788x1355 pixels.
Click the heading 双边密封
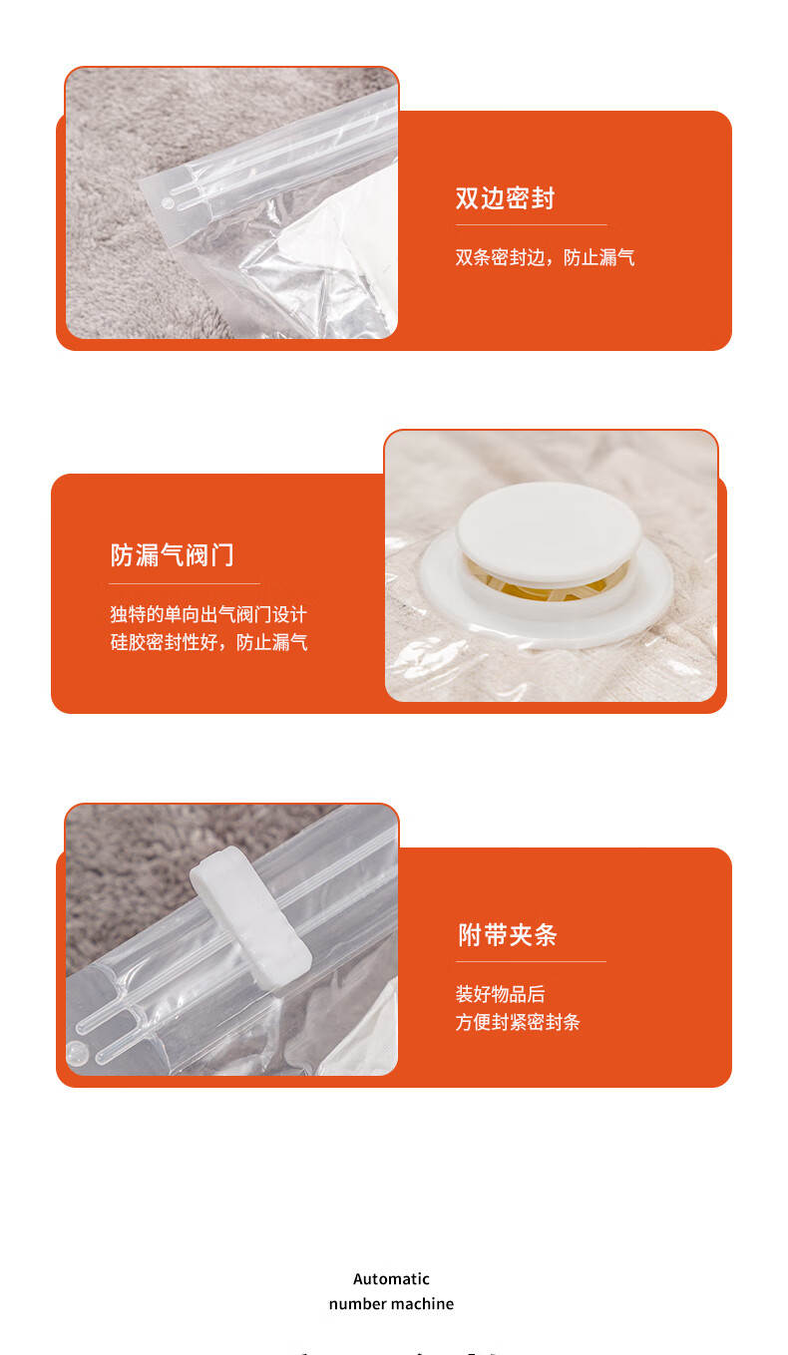[x=505, y=198]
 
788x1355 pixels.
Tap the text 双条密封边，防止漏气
[x=545, y=257]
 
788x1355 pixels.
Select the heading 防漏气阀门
[x=172, y=555]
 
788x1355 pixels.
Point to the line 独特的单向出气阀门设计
[x=208, y=614]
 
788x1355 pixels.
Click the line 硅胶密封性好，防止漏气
[x=208, y=642]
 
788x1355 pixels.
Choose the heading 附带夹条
[x=507, y=935]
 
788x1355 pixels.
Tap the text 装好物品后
[x=500, y=994]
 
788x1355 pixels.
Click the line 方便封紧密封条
[x=518, y=1022]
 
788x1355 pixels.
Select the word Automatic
[x=391, y=1279]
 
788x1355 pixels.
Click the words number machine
[x=391, y=1303]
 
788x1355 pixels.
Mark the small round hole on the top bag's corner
[x=168, y=203]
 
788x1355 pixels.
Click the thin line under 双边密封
[x=532, y=225]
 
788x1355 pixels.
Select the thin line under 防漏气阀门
[x=185, y=583]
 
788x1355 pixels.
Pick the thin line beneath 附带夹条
[x=532, y=961]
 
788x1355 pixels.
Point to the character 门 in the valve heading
[x=222, y=555]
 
